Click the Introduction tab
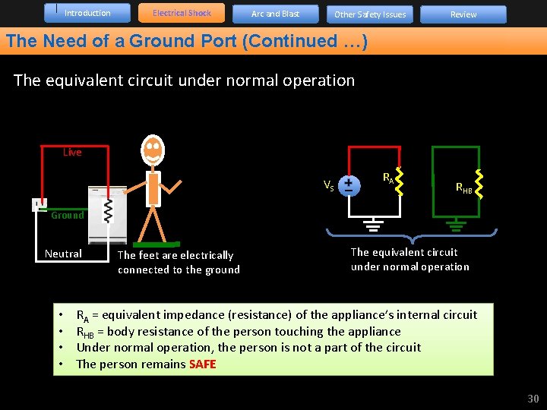[87, 13]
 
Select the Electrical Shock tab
[182, 13]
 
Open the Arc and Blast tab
[275, 14]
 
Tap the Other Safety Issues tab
[370, 14]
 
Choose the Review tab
[463, 14]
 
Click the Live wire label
[72, 153]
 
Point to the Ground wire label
[68, 216]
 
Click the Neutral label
[63, 254]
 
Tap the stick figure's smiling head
[153, 150]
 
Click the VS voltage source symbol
[349, 185]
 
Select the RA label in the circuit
[387, 178]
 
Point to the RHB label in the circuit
[464, 188]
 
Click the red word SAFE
[203, 364]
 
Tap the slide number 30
[533, 399]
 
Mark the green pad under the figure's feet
[157, 244]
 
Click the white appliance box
[106, 215]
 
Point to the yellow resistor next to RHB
[479, 181]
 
